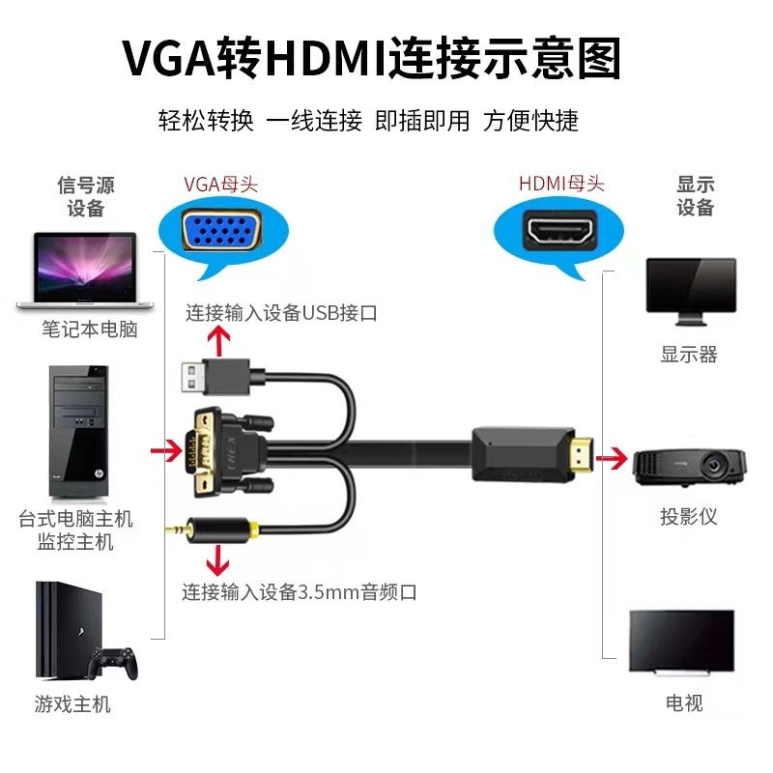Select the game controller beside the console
click(113, 663)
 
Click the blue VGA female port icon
click(220, 231)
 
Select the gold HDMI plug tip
click(580, 454)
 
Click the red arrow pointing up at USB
click(221, 340)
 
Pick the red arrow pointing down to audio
click(221, 559)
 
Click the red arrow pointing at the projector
click(611, 455)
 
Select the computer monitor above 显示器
click(691, 291)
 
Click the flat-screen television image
click(681, 641)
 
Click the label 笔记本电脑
click(90, 329)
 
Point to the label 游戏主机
click(72, 704)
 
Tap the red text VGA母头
click(220, 184)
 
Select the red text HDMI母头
click(561, 184)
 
